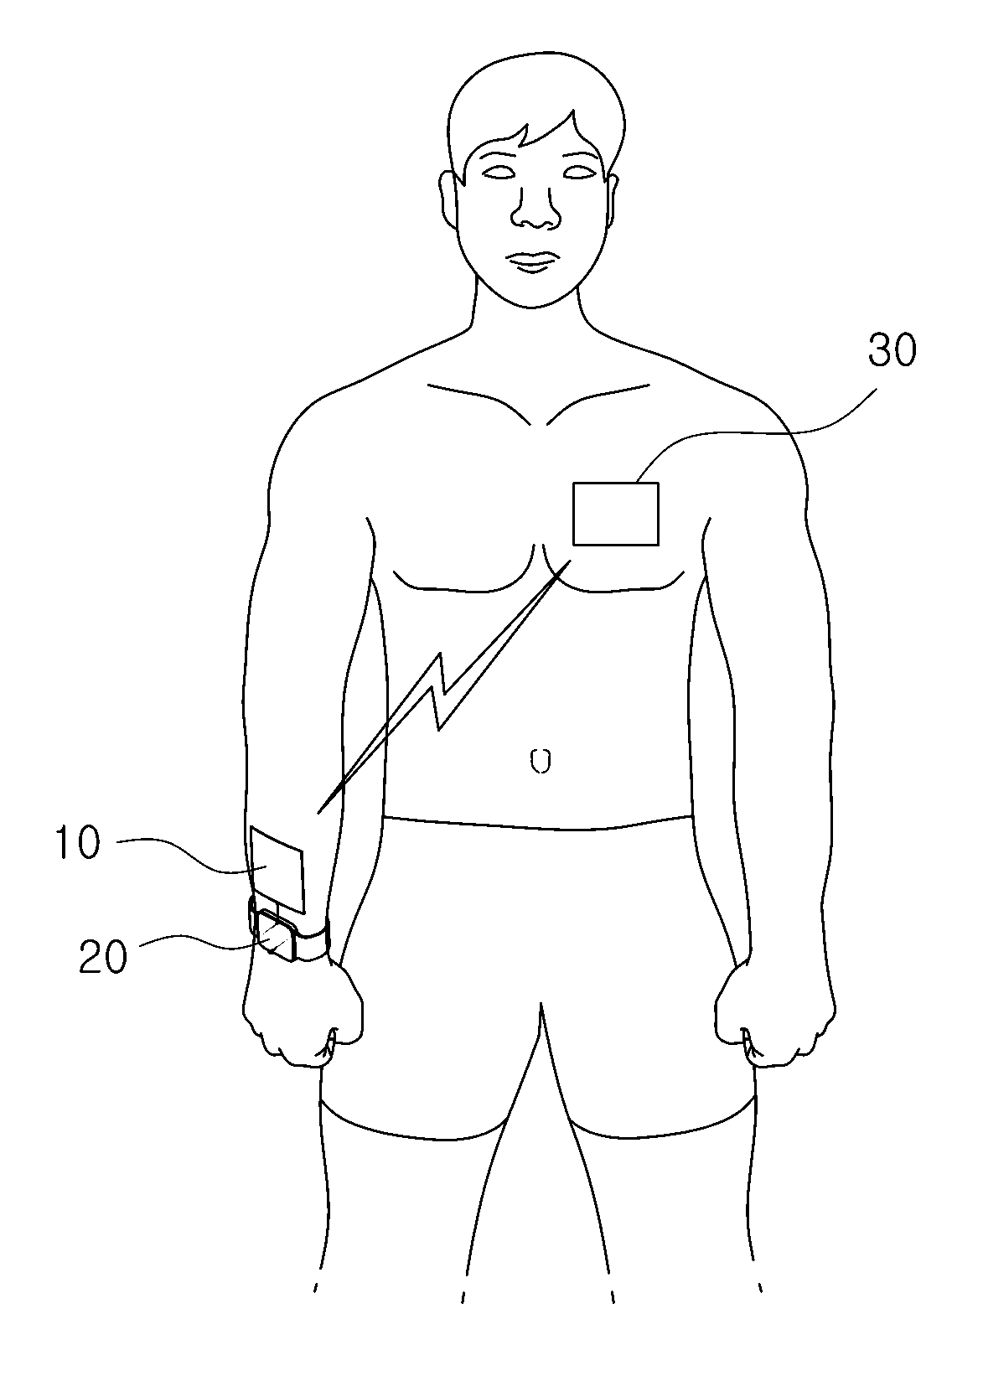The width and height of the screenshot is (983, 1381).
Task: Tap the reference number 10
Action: coord(78,844)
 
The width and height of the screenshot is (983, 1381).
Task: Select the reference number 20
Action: coord(103,958)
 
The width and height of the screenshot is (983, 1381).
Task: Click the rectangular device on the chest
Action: coord(615,515)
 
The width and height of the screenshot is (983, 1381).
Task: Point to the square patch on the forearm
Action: coord(277,870)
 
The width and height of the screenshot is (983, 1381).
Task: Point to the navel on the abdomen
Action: coord(541,761)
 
